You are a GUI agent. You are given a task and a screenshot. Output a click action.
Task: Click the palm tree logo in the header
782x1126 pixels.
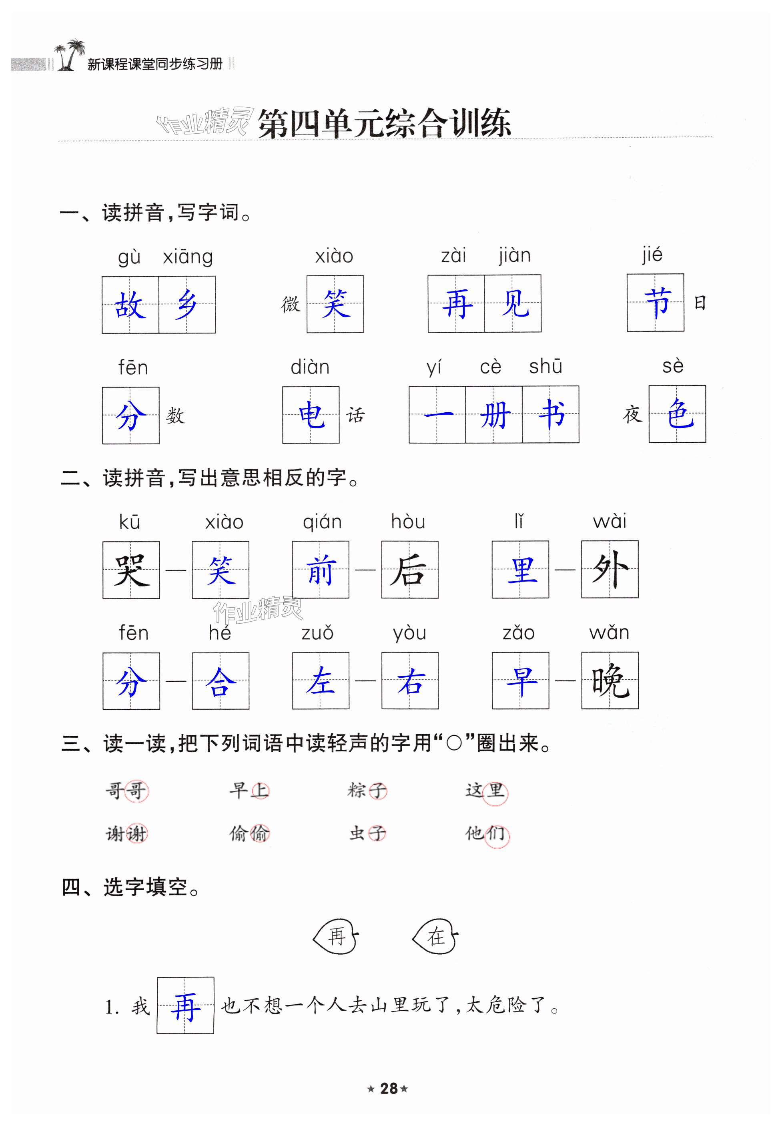tap(70, 55)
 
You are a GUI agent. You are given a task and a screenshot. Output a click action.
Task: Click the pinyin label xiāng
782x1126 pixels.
tap(188, 257)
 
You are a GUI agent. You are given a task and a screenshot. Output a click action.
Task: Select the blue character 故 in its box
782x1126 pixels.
tap(130, 305)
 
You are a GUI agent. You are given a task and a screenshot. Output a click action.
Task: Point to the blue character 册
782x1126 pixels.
tap(494, 415)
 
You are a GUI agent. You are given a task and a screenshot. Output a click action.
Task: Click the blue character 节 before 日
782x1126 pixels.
tap(656, 302)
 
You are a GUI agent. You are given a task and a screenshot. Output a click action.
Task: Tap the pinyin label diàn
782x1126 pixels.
tap(310, 367)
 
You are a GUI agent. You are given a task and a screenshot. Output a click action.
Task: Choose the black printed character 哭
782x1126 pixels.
tap(131, 570)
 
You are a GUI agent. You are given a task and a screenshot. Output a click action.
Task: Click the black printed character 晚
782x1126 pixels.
tap(610, 680)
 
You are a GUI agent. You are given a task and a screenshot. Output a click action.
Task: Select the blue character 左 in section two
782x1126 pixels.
tap(321, 680)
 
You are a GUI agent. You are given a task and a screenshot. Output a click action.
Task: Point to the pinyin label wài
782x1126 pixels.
tap(610, 521)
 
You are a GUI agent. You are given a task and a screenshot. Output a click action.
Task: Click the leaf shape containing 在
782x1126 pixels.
tap(435, 936)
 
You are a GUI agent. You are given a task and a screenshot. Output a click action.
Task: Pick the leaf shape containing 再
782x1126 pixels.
tap(336, 936)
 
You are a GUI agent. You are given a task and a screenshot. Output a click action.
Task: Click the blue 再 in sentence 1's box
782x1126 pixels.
tap(185, 1006)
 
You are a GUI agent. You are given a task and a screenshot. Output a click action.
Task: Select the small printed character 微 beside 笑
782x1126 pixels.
tap(291, 304)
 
